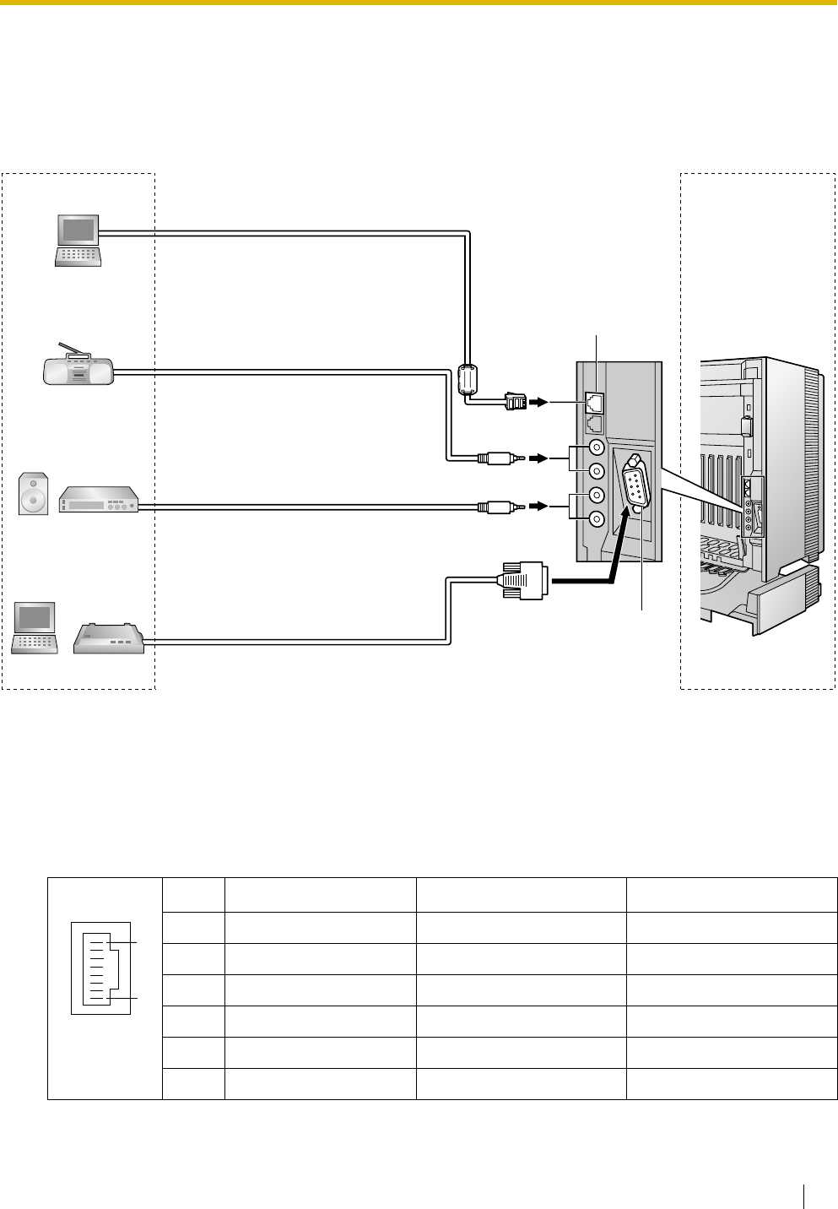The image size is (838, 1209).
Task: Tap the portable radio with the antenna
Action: tap(78, 371)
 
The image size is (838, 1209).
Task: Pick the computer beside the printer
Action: tap(34, 627)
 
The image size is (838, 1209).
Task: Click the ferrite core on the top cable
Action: tap(467, 379)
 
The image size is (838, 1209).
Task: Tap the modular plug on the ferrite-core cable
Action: tap(514, 401)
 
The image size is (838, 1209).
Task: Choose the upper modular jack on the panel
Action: tap(595, 403)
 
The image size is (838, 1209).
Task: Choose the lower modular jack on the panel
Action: tap(595, 425)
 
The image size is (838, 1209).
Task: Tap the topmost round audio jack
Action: tap(597, 449)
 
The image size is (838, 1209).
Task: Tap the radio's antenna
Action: tap(72, 350)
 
